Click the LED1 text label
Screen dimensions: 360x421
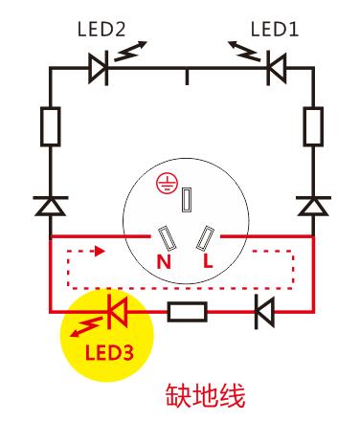pyautogui.click(x=274, y=31)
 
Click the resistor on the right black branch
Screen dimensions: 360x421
pyautogui.click(x=313, y=126)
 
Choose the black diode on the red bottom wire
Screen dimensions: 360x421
pyautogui.click(x=261, y=311)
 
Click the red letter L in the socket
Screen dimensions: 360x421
pyautogui.click(x=205, y=260)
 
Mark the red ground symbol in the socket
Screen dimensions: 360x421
pyautogui.click(x=165, y=187)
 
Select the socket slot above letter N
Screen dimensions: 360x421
pyautogui.click(x=166, y=235)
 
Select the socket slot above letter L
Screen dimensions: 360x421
pyautogui.click(x=208, y=235)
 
